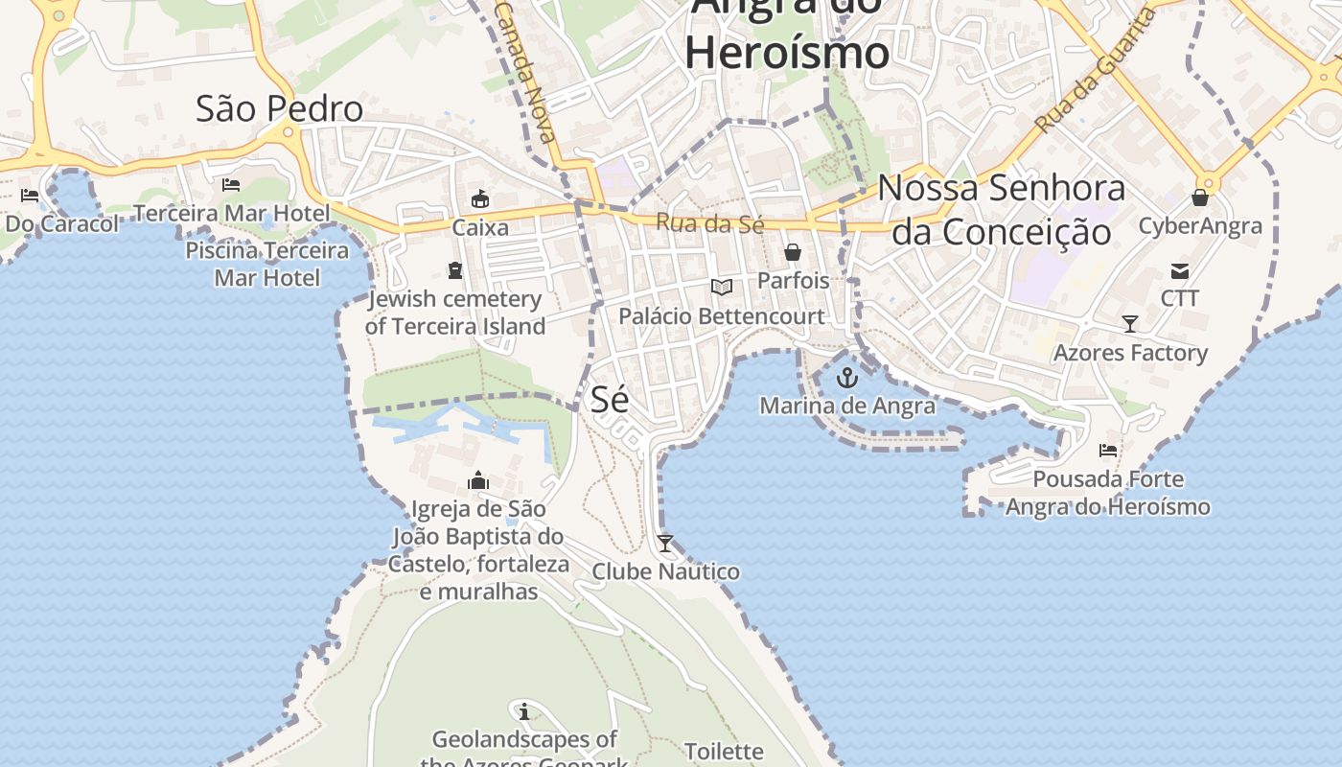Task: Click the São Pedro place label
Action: click(279, 108)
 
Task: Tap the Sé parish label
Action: click(610, 399)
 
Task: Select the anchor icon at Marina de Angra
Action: click(846, 378)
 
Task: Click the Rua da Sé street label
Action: click(709, 223)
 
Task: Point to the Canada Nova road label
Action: click(525, 72)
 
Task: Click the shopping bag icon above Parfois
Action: click(793, 252)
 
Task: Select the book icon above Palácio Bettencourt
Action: click(721, 287)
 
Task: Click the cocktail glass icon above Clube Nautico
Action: click(665, 544)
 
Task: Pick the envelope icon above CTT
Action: click(1180, 271)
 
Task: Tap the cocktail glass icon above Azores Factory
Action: click(1130, 324)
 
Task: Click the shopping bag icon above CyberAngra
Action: click(1200, 198)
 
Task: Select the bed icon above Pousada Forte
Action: click(1108, 450)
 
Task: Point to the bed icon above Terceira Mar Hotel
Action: click(231, 185)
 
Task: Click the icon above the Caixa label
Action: click(480, 199)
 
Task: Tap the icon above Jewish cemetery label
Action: click(455, 270)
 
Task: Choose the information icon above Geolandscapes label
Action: click(524, 711)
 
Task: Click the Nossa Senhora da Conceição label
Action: click(1002, 210)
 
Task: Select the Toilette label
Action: click(724, 751)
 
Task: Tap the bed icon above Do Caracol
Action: click(30, 197)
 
